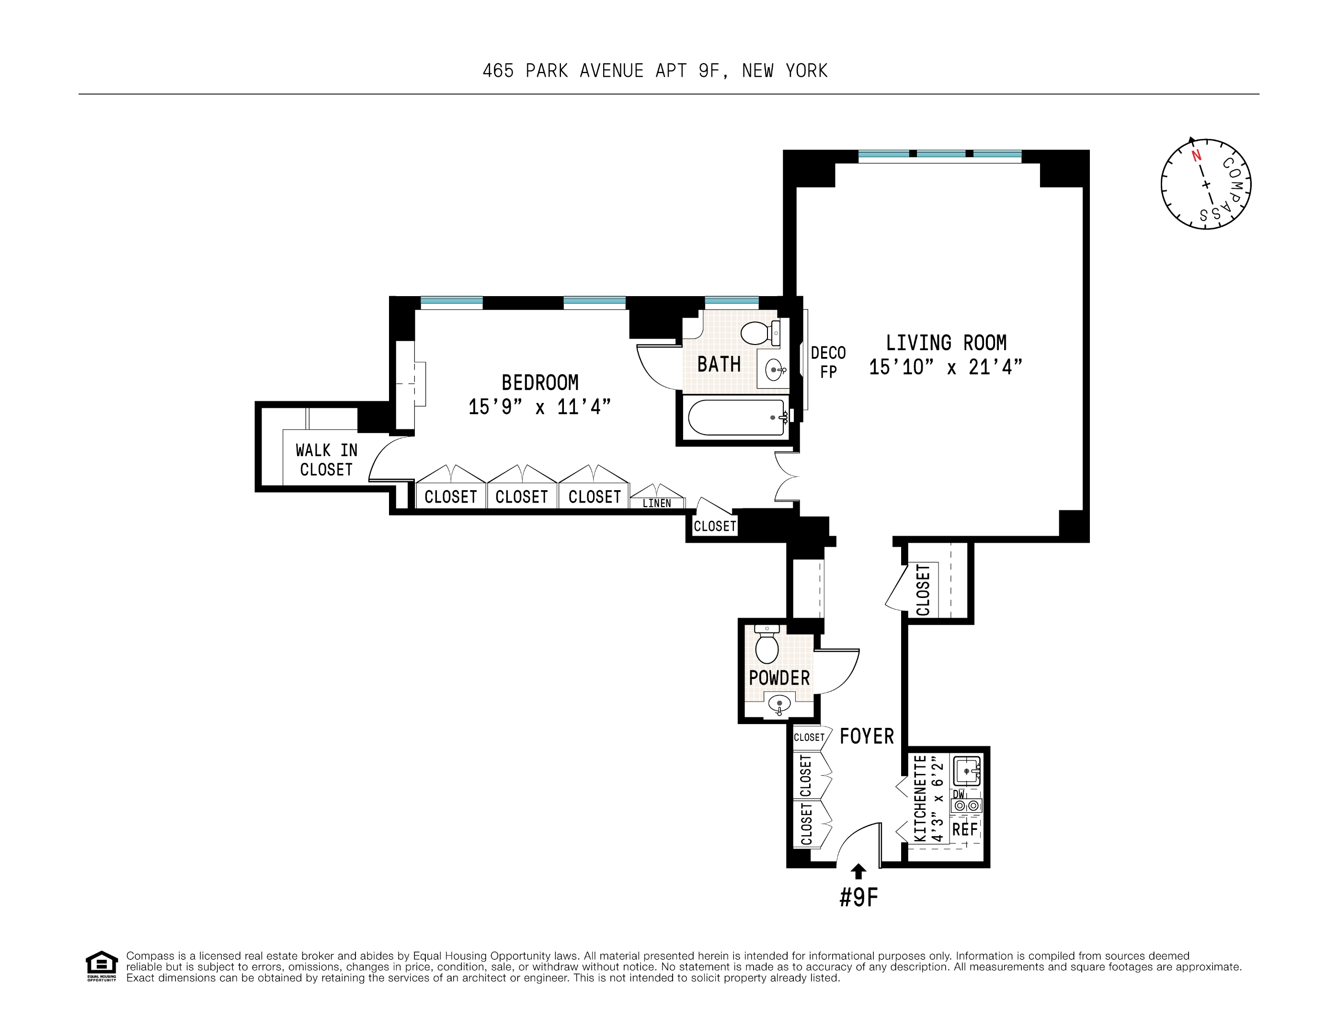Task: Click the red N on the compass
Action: [x=1196, y=156]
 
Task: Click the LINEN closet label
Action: [x=657, y=504]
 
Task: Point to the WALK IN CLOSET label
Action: [x=326, y=460]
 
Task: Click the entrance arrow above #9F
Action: [x=858, y=871]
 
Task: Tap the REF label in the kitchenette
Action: [x=964, y=829]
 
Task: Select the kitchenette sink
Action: [x=967, y=770]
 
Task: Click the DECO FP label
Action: [x=828, y=362]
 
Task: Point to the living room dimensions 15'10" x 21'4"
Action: [x=945, y=367]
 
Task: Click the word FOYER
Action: [x=866, y=736]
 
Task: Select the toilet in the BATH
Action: [x=759, y=333]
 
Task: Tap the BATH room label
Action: [x=719, y=365]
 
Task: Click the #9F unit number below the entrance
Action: [x=858, y=897]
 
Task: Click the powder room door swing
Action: [x=837, y=671]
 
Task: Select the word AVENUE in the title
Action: [x=611, y=71]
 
